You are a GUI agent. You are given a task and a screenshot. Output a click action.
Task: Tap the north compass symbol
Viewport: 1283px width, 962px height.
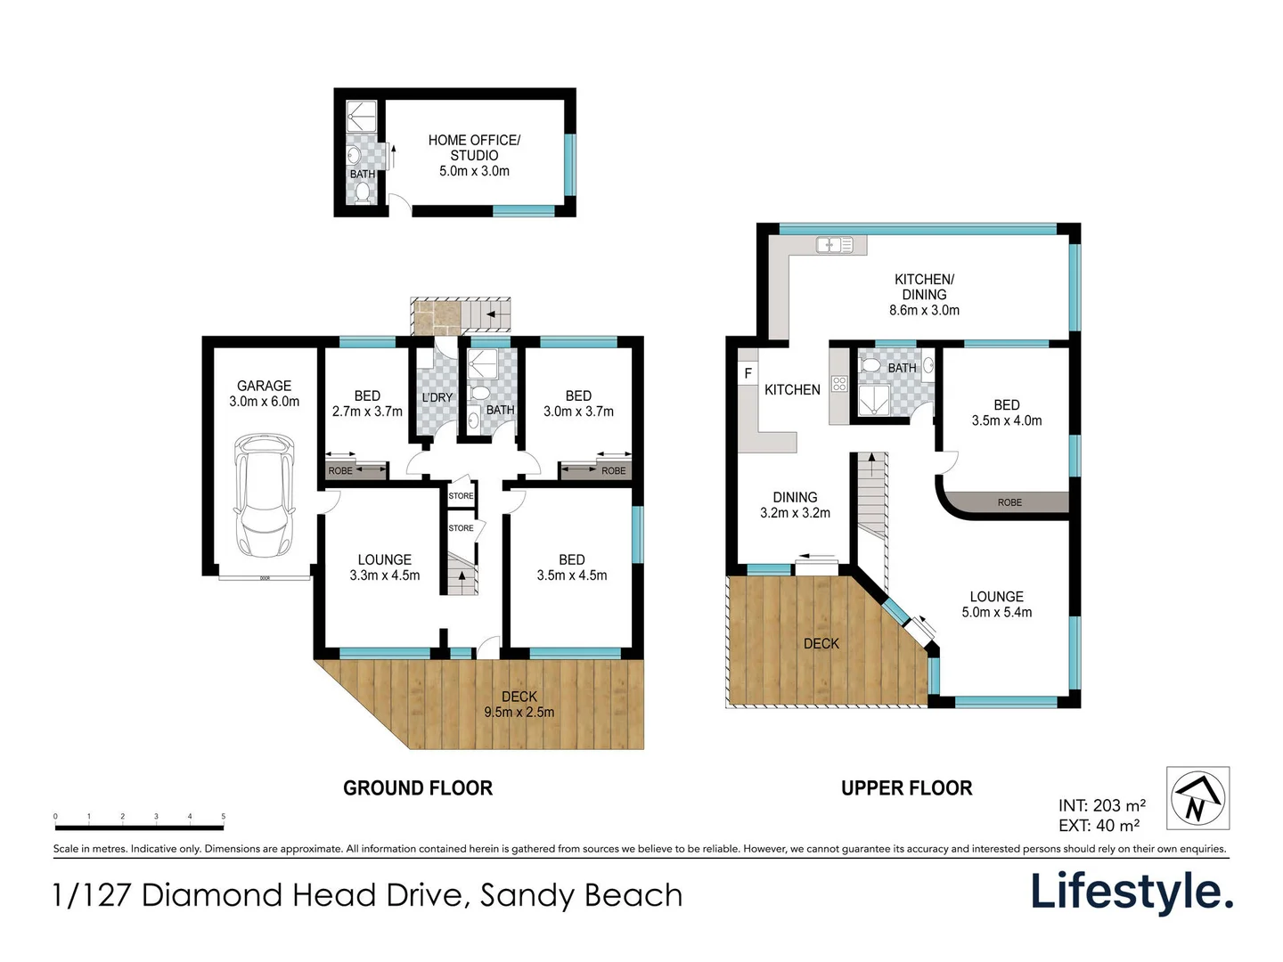point(1197,797)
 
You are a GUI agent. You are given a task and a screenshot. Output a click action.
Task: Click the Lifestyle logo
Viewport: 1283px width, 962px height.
point(1132,892)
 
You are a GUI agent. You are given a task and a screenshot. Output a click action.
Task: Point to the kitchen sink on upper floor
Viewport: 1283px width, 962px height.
point(834,244)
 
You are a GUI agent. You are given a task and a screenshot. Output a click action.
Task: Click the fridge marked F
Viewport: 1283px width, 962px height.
point(748,373)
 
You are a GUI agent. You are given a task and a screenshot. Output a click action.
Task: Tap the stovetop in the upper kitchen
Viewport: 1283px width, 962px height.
point(838,384)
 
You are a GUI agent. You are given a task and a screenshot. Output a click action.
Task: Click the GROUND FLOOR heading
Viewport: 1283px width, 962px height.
point(417,788)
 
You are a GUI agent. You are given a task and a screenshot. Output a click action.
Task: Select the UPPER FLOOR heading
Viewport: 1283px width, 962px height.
point(906,788)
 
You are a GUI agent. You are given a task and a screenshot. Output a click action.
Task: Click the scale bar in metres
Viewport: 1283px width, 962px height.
point(139,826)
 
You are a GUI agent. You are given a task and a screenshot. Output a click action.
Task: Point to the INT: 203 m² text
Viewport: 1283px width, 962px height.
point(1101,806)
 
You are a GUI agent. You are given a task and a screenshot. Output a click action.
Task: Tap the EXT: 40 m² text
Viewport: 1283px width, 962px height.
point(1099,826)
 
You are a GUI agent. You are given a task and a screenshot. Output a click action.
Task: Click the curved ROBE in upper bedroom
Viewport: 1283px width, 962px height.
point(1009,502)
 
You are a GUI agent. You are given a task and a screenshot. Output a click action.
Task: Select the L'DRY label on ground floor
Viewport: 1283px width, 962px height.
point(437,397)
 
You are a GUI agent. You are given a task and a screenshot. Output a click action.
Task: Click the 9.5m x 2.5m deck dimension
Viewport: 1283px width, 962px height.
point(519,712)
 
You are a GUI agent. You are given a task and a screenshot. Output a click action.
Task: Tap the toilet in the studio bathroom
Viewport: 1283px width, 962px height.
point(363,192)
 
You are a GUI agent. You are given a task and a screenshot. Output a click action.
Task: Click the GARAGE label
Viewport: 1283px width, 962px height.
point(264,386)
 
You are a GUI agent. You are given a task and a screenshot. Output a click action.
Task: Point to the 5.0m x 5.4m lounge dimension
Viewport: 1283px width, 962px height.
point(996,612)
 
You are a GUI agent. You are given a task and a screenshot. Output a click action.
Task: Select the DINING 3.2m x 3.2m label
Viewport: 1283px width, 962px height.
point(795,505)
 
